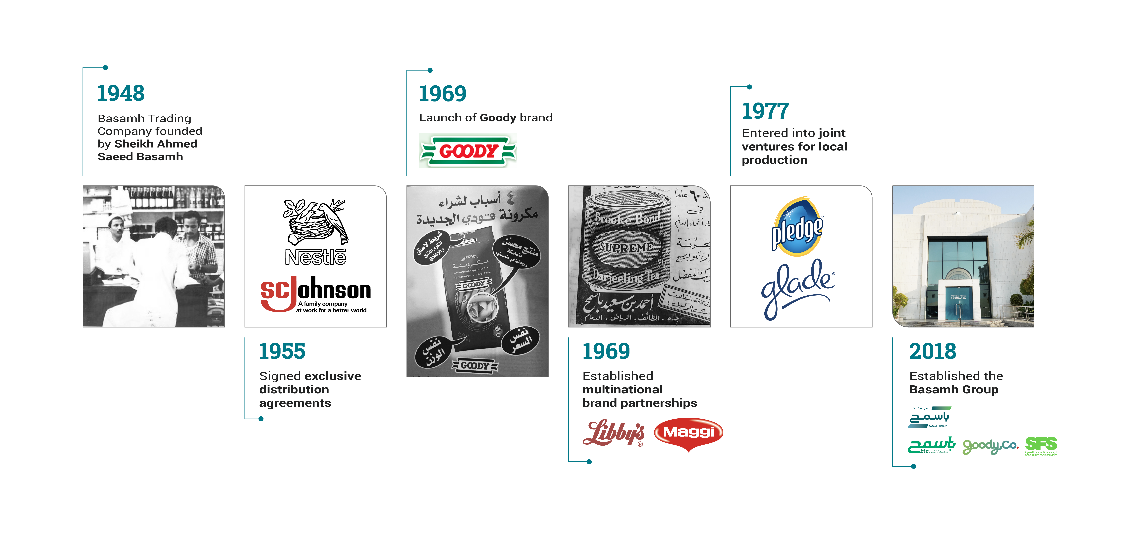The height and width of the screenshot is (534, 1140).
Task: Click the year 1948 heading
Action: click(x=121, y=93)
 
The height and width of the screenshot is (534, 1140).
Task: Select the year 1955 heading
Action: click(x=282, y=351)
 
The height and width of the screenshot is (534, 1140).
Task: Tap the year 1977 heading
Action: click(x=765, y=111)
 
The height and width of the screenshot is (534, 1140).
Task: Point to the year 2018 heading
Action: click(x=932, y=351)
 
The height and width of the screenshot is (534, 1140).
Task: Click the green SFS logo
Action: click(x=1041, y=445)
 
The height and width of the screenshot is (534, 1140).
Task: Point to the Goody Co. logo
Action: click(x=990, y=446)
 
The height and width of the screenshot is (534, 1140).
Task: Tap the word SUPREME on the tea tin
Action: click(x=626, y=247)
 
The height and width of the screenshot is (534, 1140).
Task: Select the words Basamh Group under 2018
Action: click(x=954, y=390)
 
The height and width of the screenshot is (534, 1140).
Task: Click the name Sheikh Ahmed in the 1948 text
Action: click(x=155, y=144)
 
